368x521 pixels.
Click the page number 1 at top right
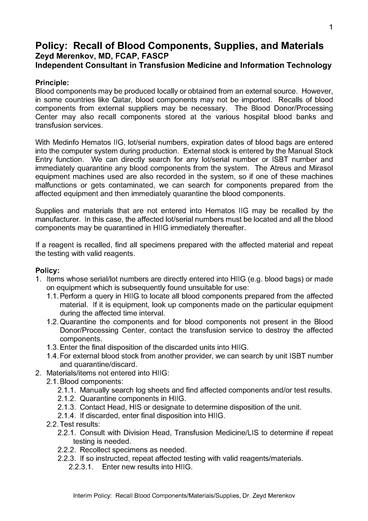[x=331, y=28]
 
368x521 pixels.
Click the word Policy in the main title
[x=49, y=46]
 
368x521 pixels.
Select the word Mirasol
[x=320, y=168]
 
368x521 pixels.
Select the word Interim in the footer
[x=84, y=496]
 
